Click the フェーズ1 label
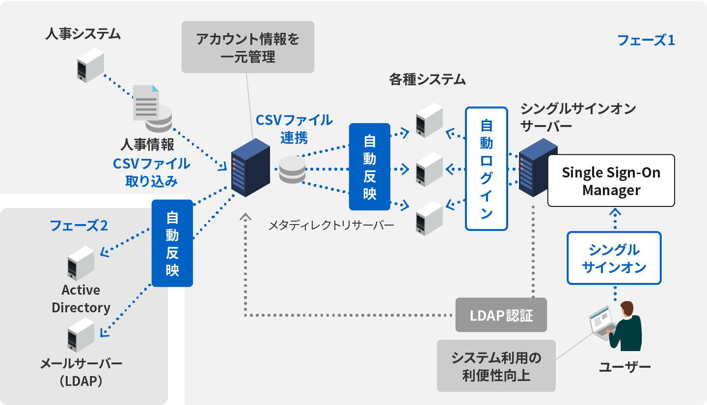(646, 40)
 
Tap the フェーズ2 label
(79, 226)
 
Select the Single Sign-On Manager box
(611, 180)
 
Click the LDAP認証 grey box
(501, 315)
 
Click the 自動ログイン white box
(486, 169)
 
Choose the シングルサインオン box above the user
(614, 258)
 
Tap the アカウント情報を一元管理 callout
(248, 47)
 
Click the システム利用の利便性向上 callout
(496, 366)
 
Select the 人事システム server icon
(90, 65)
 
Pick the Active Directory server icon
(81, 263)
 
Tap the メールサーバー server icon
(81, 335)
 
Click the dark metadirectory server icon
(250, 168)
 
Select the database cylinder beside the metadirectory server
(292, 170)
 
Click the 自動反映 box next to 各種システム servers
(369, 167)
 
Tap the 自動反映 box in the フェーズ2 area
(172, 243)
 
